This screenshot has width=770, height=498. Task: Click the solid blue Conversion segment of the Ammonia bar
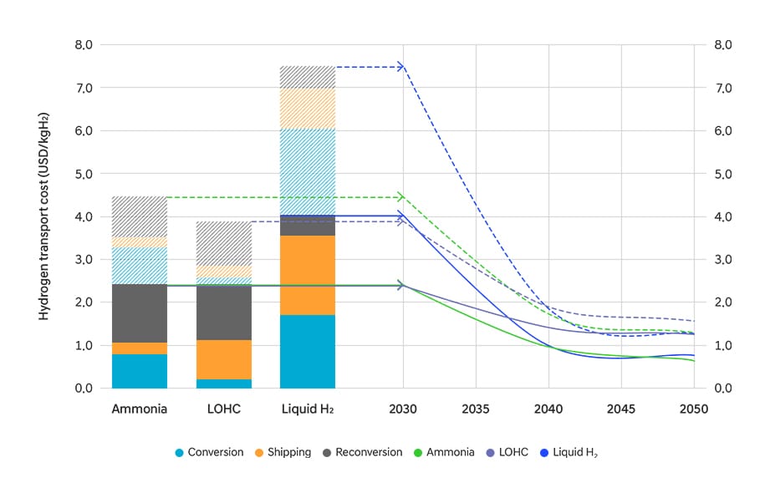140,371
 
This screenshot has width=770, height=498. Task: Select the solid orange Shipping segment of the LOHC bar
224,359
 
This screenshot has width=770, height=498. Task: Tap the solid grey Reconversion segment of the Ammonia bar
140,313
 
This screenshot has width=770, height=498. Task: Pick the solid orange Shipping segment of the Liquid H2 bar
308,275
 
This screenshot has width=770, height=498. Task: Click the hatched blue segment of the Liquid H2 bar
308,171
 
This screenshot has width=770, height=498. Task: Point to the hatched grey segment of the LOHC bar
224,243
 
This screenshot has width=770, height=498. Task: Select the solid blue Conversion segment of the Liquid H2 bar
308,351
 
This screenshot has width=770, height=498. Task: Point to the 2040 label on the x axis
548,409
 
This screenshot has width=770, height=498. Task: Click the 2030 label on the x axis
403,409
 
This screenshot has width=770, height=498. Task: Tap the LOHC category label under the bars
224,409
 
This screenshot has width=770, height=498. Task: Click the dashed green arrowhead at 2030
400,197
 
